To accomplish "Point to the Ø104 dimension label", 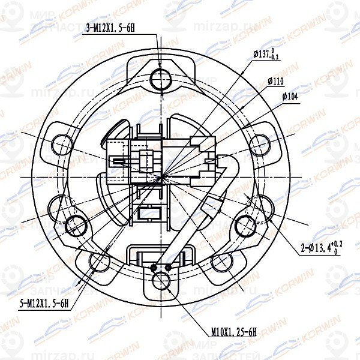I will point(290,95).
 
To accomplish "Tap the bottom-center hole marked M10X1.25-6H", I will point(162,281).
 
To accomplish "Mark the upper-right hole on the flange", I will point(260,144).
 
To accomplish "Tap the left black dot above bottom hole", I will point(155,267).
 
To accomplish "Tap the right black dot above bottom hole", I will point(169,267).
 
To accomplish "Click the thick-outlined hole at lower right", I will point(247,226).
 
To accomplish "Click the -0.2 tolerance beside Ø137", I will point(275,57).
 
